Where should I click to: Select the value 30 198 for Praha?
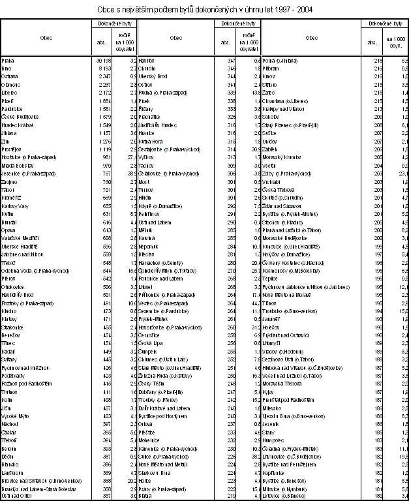point(104,60)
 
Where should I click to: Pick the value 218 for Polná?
point(377,60)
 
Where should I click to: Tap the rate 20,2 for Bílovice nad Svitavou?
point(130,481)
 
